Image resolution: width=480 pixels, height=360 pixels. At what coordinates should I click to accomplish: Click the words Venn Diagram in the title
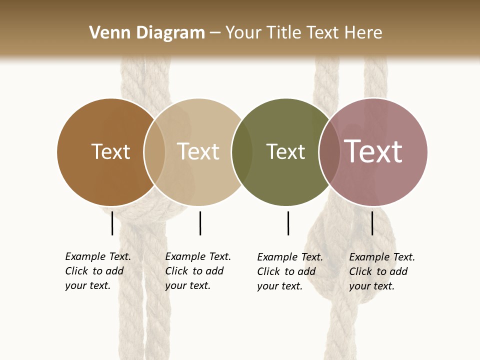147,33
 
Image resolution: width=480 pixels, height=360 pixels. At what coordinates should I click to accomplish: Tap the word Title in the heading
283,33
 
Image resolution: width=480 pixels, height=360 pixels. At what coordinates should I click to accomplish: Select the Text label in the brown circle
110,151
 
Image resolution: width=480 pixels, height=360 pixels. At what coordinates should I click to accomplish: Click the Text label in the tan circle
198,151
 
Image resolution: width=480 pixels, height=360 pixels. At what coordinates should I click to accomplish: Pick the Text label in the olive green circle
285,151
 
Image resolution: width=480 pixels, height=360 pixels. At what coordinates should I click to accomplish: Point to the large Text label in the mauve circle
373,151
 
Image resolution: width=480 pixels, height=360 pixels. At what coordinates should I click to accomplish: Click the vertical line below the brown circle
112,223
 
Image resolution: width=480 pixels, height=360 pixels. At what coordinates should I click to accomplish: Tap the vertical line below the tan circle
200,223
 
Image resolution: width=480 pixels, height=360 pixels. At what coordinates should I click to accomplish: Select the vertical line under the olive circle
288,223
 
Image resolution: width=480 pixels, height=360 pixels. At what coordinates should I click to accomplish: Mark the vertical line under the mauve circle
372,223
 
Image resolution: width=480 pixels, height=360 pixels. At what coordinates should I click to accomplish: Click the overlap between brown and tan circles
154,152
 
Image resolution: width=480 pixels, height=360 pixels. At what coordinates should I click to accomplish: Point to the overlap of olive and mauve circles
329,152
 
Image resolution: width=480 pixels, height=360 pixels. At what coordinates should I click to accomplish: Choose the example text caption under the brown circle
98,271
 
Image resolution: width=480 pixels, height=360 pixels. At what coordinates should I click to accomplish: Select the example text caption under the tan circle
198,271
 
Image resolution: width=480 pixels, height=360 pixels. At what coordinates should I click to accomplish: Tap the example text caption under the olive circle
290,271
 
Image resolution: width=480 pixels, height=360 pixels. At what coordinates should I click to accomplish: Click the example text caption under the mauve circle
382,271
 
